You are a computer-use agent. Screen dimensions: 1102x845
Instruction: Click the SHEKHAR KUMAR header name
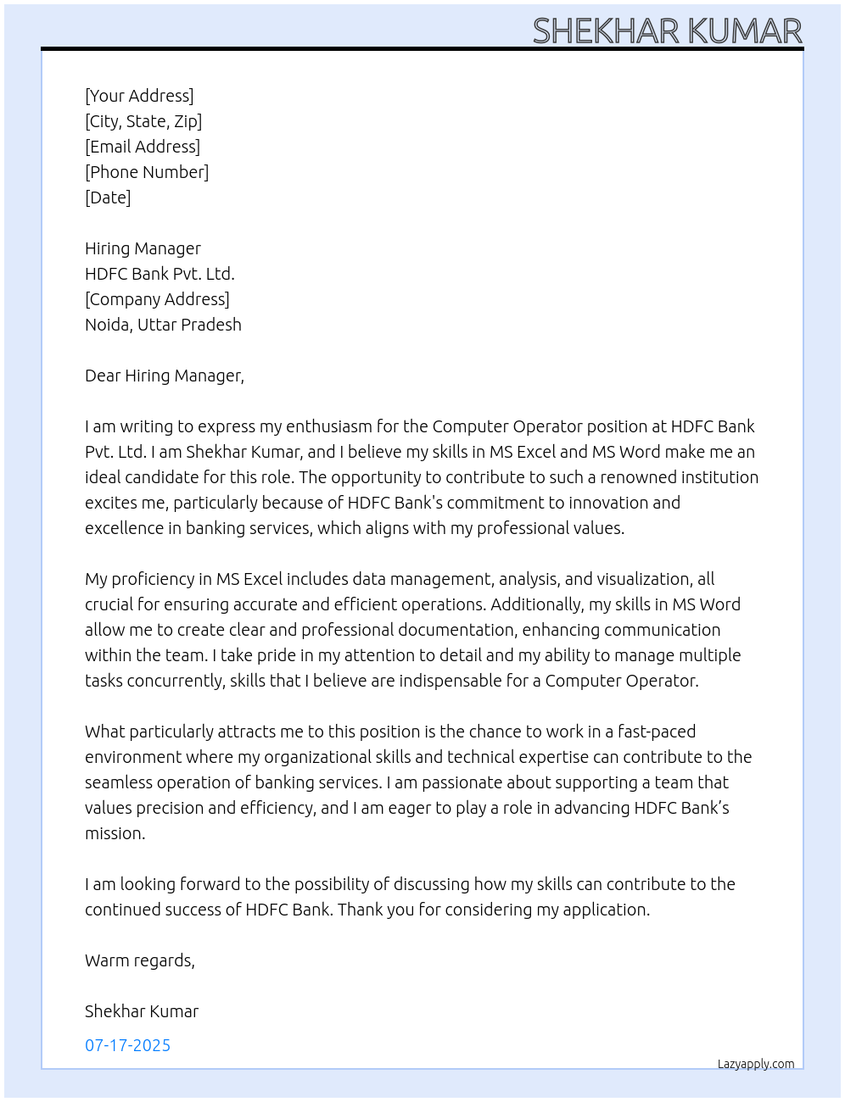point(667,31)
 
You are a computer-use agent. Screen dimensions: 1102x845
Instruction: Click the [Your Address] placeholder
point(139,96)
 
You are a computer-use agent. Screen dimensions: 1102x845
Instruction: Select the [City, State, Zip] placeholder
point(143,121)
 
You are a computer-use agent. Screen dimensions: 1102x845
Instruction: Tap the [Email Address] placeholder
point(143,147)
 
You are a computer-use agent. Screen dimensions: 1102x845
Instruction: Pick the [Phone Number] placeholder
point(147,172)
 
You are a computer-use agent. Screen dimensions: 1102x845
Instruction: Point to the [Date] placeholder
point(108,198)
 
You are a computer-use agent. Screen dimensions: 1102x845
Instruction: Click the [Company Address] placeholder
point(157,299)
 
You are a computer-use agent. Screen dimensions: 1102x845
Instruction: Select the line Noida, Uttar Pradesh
point(163,325)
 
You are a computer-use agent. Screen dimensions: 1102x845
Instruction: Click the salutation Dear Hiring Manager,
point(165,376)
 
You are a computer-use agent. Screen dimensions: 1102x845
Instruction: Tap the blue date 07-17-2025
point(128,1045)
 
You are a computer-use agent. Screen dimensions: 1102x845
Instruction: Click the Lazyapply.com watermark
point(756,1064)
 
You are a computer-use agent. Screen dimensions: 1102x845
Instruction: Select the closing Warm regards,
point(140,960)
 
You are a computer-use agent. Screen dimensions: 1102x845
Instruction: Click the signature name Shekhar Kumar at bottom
point(142,1011)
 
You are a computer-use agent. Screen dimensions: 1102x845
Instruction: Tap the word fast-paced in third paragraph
point(657,732)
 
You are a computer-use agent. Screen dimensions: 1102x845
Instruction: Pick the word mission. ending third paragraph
point(115,833)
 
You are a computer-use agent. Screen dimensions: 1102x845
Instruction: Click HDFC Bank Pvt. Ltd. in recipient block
point(159,274)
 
